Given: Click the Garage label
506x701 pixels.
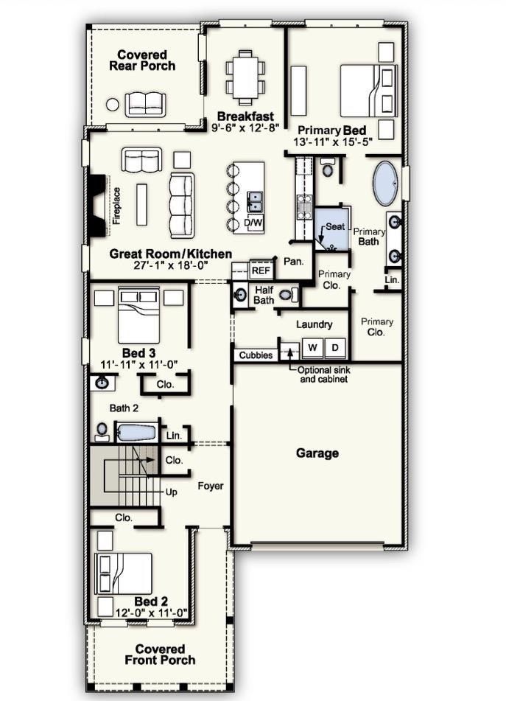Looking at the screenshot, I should pyautogui.click(x=317, y=453).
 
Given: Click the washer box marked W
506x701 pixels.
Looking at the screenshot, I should pyautogui.click(x=312, y=347).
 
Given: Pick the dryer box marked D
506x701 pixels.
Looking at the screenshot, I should pyautogui.click(x=334, y=347).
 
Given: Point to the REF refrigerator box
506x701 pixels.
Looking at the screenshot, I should pyautogui.click(x=261, y=271).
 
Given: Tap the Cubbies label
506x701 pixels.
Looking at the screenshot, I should pyautogui.click(x=255, y=355).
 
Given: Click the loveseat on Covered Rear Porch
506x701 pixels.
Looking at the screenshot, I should pyautogui.click(x=140, y=104).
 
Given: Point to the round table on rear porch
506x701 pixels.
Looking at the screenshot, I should pyautogui.click(x=112, y=104).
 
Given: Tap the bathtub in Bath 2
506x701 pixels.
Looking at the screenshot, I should pyautogui.click(x=136, y=432).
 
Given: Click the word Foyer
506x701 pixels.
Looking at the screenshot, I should pyautogui.click(x=210, y=486).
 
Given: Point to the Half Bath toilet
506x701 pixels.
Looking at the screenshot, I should pyautogui.click(x=287, y=295).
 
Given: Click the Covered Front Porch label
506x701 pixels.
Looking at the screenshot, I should pyautogui.click(x=155, y=654).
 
